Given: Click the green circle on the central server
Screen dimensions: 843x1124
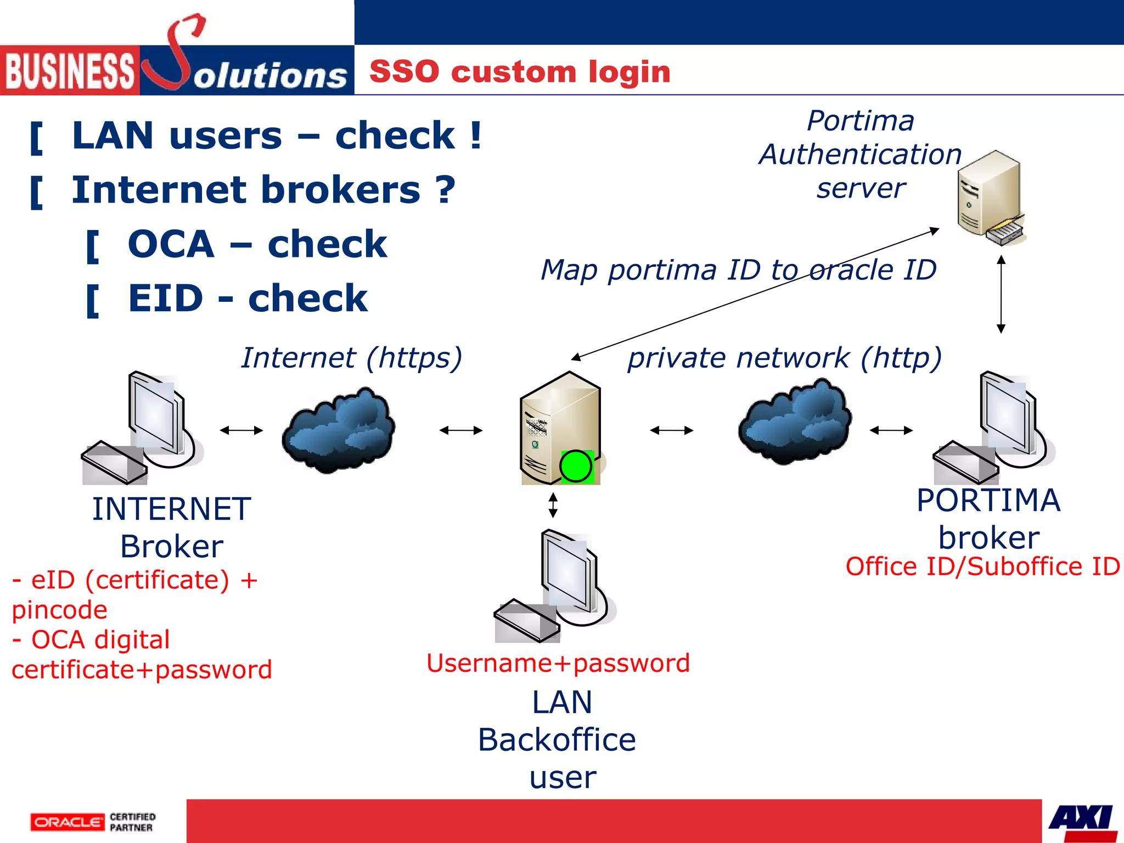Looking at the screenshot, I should [x=576, y=467].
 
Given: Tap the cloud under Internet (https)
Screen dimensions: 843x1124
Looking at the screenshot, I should [x=338, y=430].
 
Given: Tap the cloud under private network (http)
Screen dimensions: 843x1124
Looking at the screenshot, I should [x=795, y=421].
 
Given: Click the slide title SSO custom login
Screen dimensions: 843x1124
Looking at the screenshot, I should [x=520, y=72].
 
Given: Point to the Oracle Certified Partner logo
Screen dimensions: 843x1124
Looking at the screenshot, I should [x=93, y=822].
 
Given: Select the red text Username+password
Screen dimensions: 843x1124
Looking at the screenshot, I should [x=558, y=663].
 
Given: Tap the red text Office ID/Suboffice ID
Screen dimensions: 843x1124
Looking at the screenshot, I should [x=982, y=566].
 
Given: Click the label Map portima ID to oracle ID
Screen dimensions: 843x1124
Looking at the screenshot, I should [x=738, y=270].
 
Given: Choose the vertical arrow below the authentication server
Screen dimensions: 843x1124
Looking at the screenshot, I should [x=1001, y=294].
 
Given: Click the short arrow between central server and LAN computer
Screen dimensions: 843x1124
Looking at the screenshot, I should [x=553, y=505].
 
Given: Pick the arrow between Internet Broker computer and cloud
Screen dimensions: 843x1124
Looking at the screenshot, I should [x=241, y=430].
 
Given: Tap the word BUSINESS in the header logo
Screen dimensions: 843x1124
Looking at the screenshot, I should [x=70, y=71].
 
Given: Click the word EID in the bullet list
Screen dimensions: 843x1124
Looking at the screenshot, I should [x=165, y=299].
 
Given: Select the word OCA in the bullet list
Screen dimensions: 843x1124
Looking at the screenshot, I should [x=171, y=244].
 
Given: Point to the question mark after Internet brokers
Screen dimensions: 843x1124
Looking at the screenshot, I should [x=445, y=190].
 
